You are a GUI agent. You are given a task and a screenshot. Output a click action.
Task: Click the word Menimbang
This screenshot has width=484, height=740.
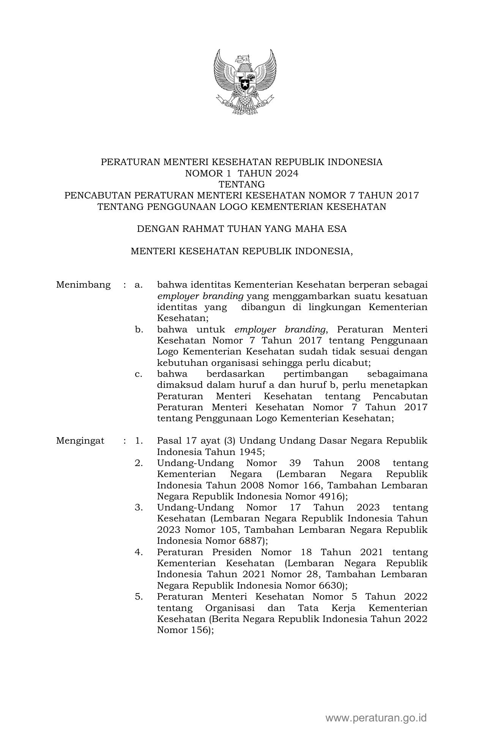click(x=83, y=285)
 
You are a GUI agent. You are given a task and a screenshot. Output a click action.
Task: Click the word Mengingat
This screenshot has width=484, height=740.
click(x=80, y=441)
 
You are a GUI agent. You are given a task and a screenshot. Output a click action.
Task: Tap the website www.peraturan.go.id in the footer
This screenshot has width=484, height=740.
click(x=376, y=718)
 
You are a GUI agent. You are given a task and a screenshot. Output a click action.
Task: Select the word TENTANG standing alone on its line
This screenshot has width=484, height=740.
click(x=242, y=184)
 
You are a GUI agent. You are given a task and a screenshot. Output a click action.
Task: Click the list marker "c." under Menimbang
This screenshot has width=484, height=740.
click(x=139, y=374)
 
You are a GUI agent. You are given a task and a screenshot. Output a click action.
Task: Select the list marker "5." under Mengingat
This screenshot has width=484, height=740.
click(x=139, y=597)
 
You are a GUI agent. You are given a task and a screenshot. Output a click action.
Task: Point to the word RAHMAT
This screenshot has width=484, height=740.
click(x=199, y=229)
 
